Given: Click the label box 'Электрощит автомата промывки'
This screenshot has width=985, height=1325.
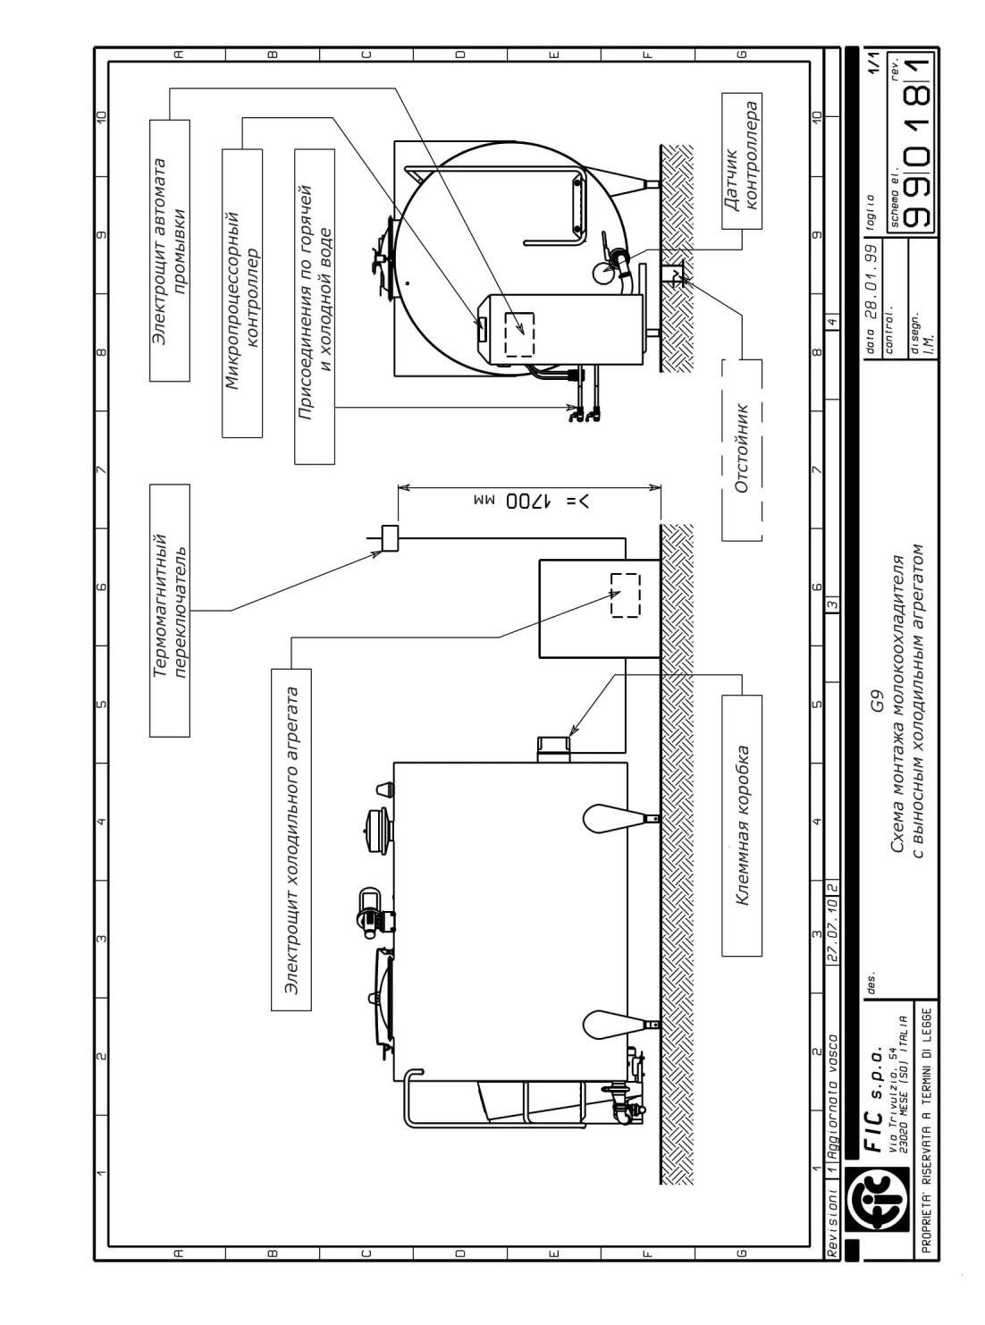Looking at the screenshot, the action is pyautogui.click(x=170, y=250).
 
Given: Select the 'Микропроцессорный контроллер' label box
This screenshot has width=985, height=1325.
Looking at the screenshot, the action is pyautogui.click(x=242, y=293).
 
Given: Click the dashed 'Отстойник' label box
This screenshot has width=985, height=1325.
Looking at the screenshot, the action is pyautogui.click(x=742, y=450).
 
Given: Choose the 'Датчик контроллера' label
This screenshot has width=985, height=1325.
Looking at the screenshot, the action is pyautogui.click(x=742, y=161).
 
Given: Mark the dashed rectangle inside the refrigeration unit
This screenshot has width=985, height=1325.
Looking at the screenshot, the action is pyautogui.click(x=626, y=595).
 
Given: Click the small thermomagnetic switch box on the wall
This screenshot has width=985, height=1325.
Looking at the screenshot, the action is pyautogui.click(x=389, y=538).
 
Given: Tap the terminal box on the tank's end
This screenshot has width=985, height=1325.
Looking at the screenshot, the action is pyautogui.click(x=554, y=749).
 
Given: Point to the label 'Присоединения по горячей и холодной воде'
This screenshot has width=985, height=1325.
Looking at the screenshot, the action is pyautogui.click(x=315, y=307).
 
